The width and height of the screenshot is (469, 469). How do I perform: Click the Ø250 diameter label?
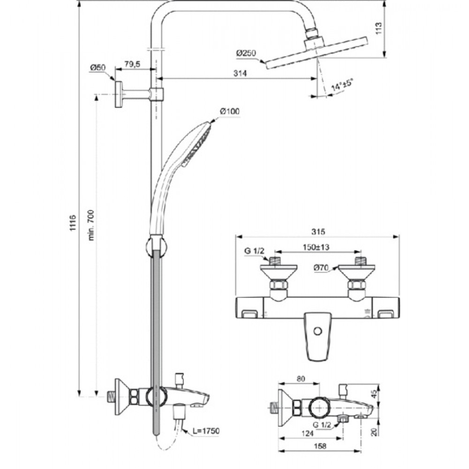point(246,53)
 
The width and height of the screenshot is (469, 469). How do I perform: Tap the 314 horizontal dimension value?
point(240,73)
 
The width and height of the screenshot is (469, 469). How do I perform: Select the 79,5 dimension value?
point(132,64)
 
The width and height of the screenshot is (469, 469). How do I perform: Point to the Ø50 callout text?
point(98,68)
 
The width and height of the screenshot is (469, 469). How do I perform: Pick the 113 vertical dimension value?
point(378,29)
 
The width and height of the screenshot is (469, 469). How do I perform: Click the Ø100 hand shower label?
point(230,111)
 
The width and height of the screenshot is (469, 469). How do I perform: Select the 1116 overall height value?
point(73,222)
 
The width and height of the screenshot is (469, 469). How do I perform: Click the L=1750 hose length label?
point(206,431)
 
